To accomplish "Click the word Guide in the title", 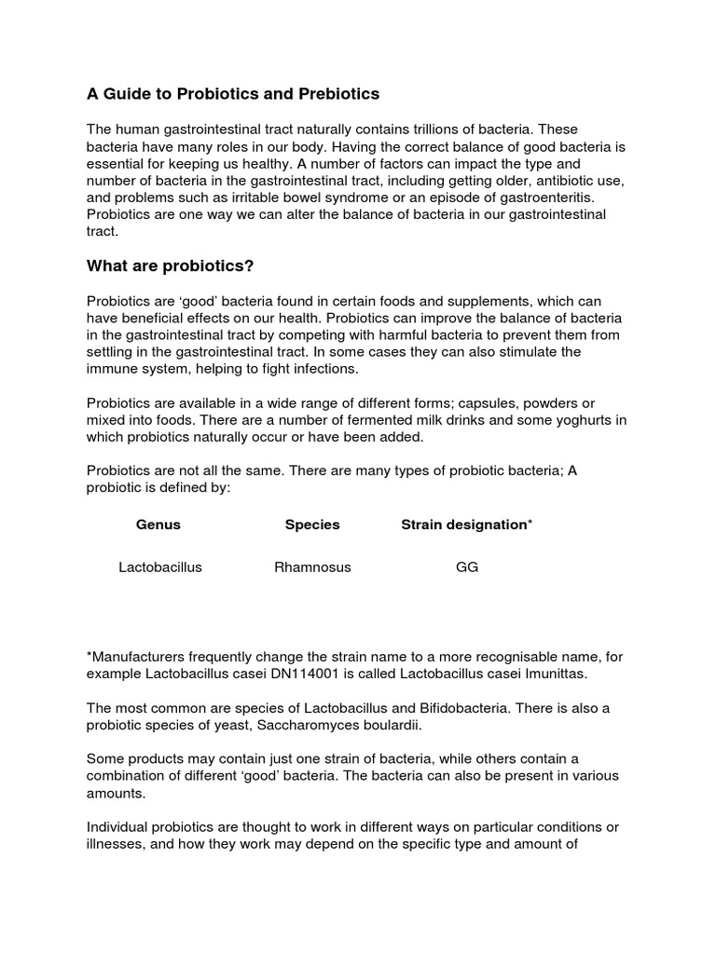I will point(125,94).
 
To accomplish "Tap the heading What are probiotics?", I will point(171,266).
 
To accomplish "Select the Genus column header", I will point(158,525).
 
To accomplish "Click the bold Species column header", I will point(312,525).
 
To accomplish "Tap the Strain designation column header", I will point(466,525).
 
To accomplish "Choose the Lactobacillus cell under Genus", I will point(160,566).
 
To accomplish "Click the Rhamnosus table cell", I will point(312,566).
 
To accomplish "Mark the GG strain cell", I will point(466,566).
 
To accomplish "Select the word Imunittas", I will point(559,674).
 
